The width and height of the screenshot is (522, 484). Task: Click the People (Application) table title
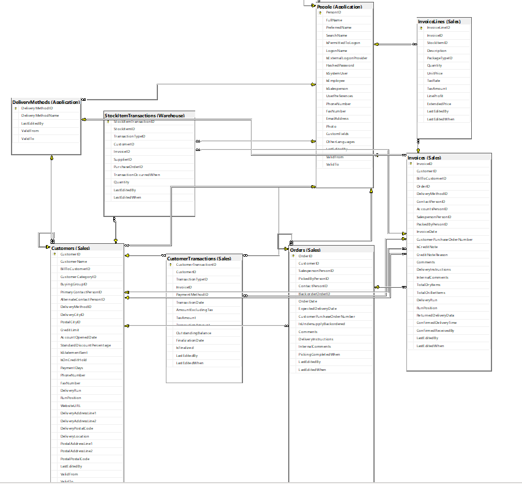(x=344, y=6)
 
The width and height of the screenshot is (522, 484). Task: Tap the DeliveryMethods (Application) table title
(x=45, y=102)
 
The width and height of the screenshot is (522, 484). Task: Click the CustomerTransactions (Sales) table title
(x=199, y=258)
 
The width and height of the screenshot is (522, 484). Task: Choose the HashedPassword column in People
(x=340, y=65)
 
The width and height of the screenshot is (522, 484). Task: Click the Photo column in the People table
(x=331, y=126)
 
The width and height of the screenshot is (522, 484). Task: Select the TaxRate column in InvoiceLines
(x=433, y=81)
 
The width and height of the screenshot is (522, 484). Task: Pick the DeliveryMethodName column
(x=40, y=115)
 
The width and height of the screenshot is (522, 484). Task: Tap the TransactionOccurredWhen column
(x=137, y=175)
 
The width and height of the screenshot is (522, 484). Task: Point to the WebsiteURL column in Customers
(x=70, y=405)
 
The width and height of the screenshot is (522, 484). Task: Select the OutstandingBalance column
(x=193, y=333)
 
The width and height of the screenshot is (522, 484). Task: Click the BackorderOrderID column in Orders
(x=315, y=293)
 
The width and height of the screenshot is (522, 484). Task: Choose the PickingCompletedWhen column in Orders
(x=319, y=354)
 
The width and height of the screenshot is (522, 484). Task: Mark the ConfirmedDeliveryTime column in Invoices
(x=436, y=323)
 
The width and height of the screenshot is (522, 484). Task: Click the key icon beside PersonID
(x=320, y=12)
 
